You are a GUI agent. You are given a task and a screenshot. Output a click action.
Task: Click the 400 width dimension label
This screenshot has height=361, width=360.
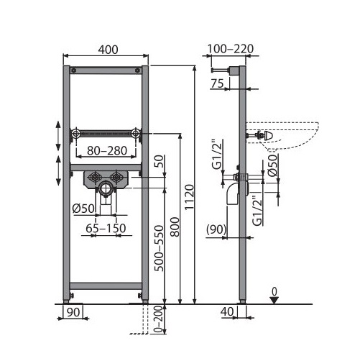[109, 50]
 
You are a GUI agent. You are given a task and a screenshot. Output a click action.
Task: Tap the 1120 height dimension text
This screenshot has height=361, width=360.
[190, 197]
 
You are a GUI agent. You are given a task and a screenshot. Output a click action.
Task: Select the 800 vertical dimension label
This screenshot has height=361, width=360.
[175, 227]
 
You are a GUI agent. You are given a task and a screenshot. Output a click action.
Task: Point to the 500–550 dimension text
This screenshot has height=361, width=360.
[159, 248]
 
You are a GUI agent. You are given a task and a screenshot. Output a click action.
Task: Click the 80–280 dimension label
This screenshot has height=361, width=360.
[107, 150]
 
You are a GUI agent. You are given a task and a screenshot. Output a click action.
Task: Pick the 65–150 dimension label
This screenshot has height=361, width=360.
[106, 228]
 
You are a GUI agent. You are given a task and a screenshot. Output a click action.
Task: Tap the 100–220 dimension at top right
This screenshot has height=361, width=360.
[230, 49]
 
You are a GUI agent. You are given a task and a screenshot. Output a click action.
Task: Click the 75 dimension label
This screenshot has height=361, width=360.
[217, 83]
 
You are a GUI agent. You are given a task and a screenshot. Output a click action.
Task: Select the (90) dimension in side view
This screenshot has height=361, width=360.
[216, 229]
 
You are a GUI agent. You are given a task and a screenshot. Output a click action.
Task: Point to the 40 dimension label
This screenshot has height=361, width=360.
[227, 311]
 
